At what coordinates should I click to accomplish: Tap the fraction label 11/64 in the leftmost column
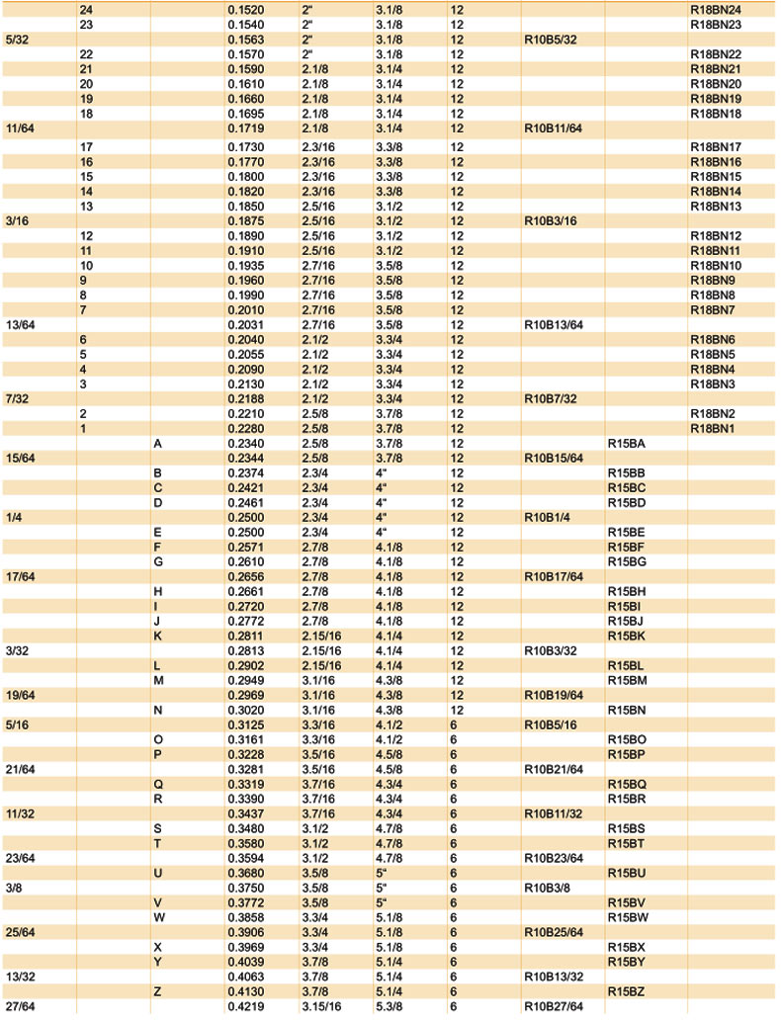(18, 128)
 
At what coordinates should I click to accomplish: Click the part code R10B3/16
(550, 221)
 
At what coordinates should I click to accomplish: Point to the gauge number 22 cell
(86, 53)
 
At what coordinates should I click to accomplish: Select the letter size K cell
(158, 636)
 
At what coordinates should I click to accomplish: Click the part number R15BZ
(626, 991)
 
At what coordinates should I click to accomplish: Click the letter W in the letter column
(158, 917)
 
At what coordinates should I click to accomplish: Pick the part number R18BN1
(712, 428)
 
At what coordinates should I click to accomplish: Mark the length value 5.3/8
(390, 1006)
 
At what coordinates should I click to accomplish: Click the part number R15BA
(626, 444)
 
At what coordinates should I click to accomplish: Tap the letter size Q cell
(158, 784)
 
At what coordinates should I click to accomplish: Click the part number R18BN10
(715, 266)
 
